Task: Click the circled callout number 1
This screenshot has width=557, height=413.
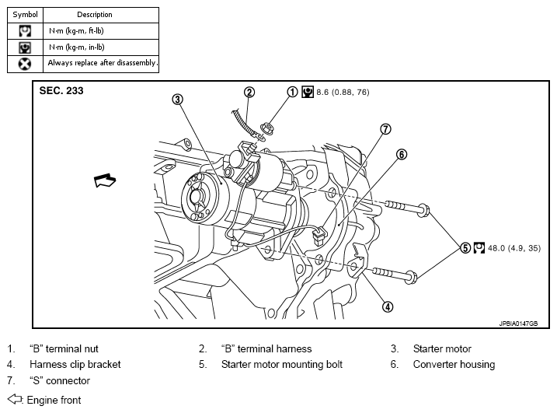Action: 292,92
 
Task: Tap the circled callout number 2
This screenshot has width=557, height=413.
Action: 249,92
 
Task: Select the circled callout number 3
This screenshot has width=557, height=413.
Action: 178,100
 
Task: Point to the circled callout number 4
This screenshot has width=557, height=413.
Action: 388,306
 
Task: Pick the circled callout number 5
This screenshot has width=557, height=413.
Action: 465,248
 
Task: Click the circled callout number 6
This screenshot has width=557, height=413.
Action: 402,154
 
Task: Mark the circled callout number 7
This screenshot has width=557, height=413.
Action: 386,129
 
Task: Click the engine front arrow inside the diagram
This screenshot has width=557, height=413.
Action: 105,180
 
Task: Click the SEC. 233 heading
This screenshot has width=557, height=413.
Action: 61,91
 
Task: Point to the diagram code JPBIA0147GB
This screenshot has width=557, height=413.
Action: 518,324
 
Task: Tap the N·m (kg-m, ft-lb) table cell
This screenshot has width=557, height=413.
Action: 101,31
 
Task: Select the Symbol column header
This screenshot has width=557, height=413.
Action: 25,15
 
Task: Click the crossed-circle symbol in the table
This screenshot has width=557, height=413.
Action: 25,64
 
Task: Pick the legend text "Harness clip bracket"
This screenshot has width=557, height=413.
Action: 75,364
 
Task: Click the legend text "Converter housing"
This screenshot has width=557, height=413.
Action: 454,364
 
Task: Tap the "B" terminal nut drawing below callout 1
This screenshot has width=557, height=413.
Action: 266,128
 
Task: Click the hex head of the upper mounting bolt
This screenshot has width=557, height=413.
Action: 424,209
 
